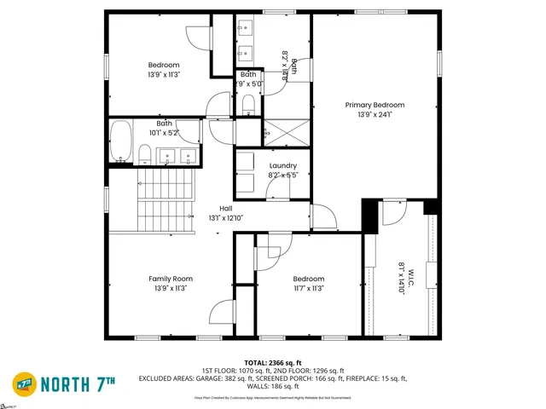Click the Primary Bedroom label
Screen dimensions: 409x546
375,105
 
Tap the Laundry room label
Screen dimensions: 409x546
282,165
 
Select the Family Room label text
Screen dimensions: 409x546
171,279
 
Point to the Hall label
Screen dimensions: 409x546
226,209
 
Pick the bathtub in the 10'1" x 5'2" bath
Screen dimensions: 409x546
121,141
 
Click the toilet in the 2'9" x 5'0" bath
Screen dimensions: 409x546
248,104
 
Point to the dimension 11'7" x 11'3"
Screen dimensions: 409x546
308,288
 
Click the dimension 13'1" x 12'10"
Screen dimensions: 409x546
226,218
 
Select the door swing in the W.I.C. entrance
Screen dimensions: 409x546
395,213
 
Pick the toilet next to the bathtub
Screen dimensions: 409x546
146,154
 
